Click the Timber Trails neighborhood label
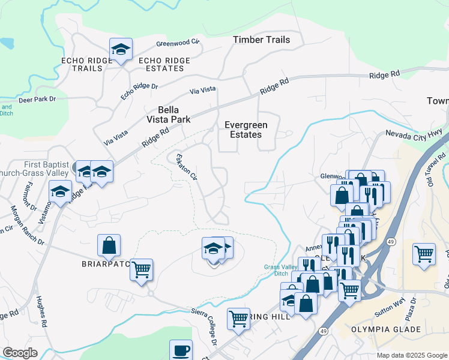(x=261, y=40)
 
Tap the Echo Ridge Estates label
(x=164, y=64)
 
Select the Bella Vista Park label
(x=173, y=115)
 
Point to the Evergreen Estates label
(x=243, y=130)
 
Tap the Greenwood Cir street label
(x=177, y=43)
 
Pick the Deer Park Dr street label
(x=35, y=99)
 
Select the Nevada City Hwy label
(x=414, y=134)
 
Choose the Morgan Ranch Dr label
(x=28, y=226)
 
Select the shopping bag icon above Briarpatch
(x=109, y=245)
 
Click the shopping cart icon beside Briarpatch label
(x=141, y=270)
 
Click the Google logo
(x=20, y=353)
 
